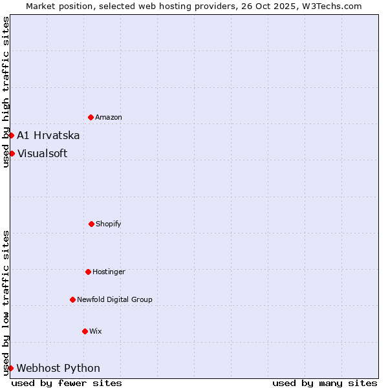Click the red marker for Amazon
coord(91,117)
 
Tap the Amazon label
coord(109,117)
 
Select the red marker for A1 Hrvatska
coord(12,135)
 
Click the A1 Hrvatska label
coord(48,135)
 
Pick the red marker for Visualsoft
coord(12,153)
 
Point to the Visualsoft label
coord(42,153)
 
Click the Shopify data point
coord(91,224)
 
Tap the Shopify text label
coord(109,224)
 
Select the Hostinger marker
coord(88,272)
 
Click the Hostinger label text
coord(109,272)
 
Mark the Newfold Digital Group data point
coord(72,299)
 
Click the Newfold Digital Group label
coord(114,299)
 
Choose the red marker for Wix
coord(85,331)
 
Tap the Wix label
coord(96,331)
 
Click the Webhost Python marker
coord(11,368)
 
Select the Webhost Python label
coord(58,368)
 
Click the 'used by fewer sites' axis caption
coord(67,383)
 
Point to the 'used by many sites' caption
coord(325,383)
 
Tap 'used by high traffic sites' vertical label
coord(6,92)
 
